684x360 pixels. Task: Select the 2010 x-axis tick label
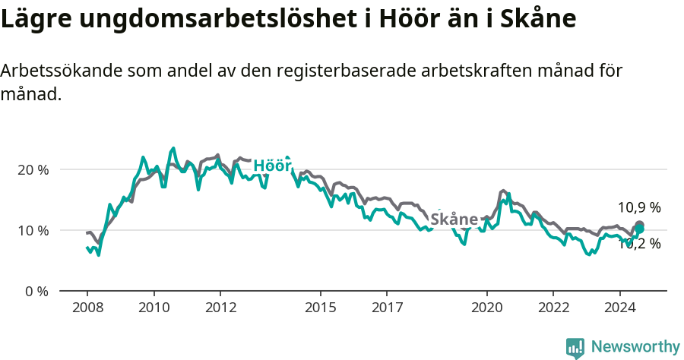tap(154, 308)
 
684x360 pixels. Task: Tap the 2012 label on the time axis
tap(220, 308)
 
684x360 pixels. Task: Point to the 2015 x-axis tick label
tap(320, 308)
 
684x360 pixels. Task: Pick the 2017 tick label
tap(387, 308)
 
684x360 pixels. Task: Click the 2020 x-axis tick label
tap(486, 308)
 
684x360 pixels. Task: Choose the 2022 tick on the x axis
tap(553, 308)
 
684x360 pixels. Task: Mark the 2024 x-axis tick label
tap(619, 308)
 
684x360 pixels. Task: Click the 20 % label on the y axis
tap(33, 169)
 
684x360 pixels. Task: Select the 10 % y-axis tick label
tap(33, 230)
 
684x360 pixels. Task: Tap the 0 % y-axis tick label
tap(36, 291)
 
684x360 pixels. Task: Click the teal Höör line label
tap(272, 166)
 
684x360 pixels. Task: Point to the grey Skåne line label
tap(454, 219)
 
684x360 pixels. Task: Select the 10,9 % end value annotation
tap(639, 207)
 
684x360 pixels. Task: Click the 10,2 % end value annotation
tap(639, 244)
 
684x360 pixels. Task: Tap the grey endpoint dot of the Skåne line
tap(640, 225)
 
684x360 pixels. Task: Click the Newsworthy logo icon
tap(575, 348)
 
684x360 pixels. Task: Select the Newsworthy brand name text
tap(635, 347)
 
